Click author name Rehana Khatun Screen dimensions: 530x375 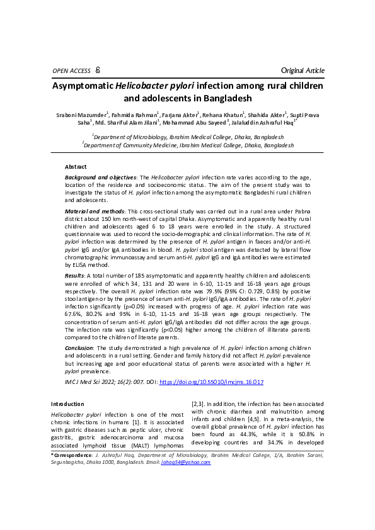(224, 115)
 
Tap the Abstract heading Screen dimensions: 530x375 (76, 166)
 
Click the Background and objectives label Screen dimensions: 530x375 (101, 179)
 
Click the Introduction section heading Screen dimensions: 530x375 (67, 403)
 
